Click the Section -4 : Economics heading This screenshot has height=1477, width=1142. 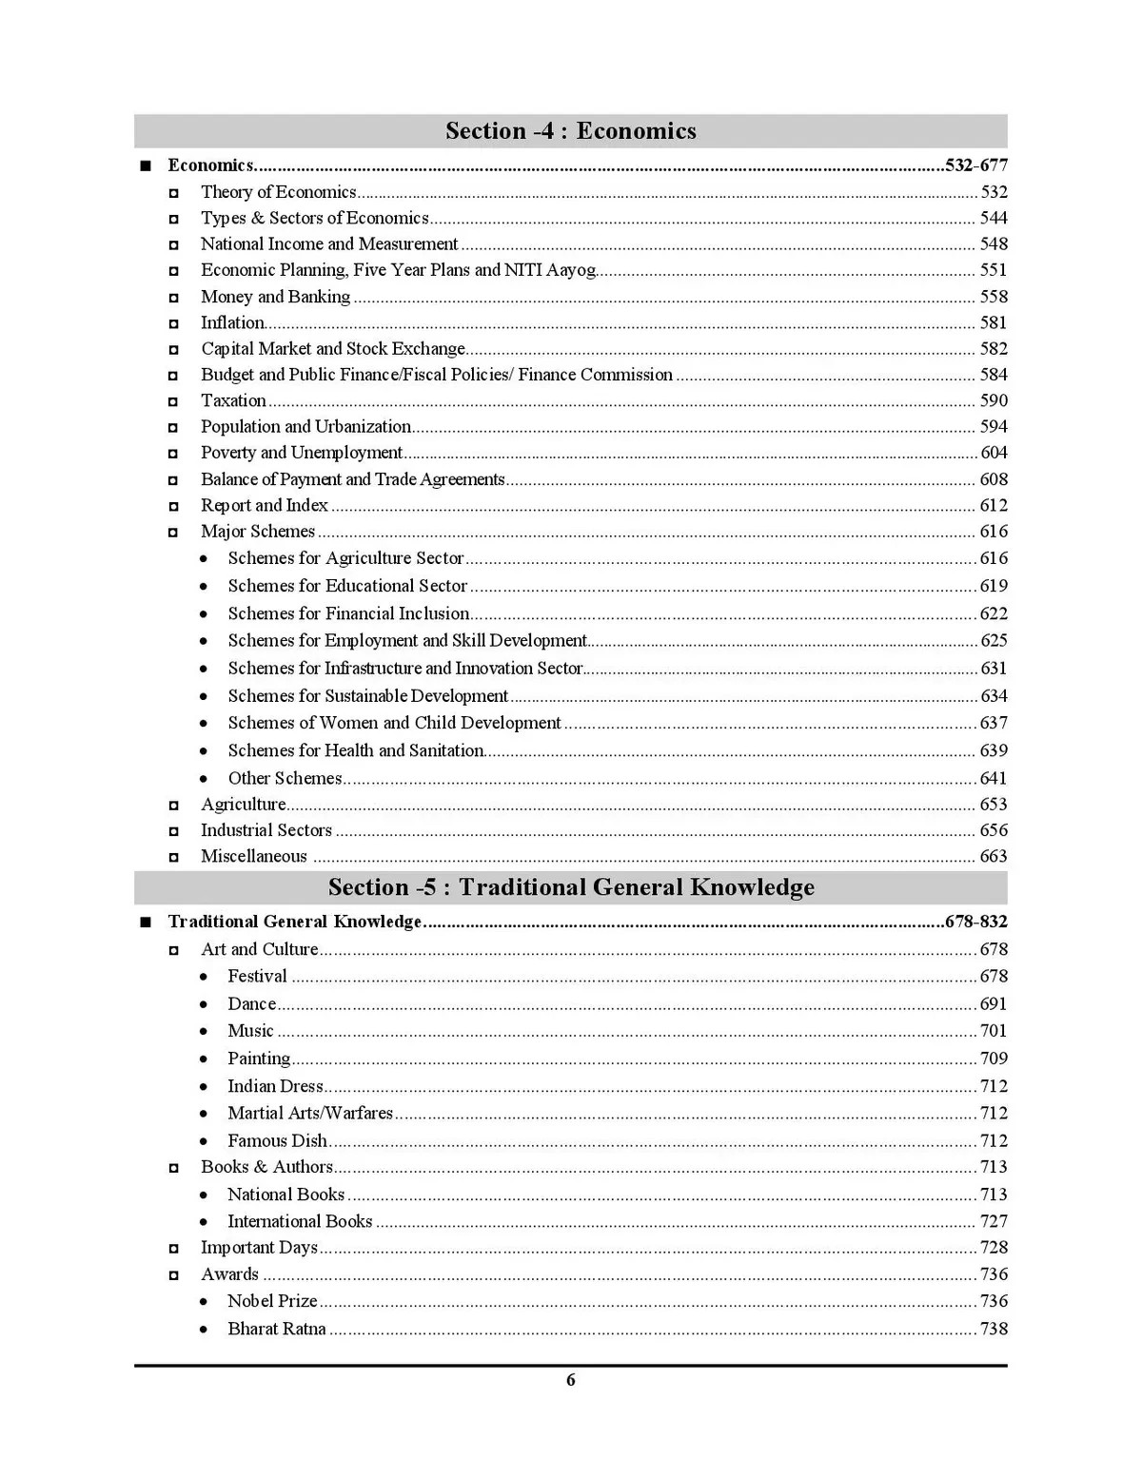click(570, 130)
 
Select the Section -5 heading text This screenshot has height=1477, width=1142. click(570, 887)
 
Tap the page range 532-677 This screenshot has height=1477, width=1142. click(976, 165)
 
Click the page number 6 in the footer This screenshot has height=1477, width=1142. click(570, 1380)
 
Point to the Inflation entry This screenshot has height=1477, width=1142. click(232, 323)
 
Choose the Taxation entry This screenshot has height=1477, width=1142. click(233, 401)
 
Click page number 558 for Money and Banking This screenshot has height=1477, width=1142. click(994, 297)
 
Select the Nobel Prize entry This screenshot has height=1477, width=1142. click(272, 1301)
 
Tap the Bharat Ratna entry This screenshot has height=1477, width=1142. click(276, 1329)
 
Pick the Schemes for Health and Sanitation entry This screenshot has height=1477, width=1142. click(355, 750)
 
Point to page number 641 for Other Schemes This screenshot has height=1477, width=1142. click(994, 778)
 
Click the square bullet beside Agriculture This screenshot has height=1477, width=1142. click(173, 806)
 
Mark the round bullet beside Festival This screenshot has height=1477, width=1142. click(204, 977)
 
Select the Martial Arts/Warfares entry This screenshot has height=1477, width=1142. click(310, 1113)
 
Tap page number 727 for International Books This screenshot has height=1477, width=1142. click(994, 1221)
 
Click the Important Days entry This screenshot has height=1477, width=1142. click(259, 1248)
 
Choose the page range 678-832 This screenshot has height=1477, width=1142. click(976, 922)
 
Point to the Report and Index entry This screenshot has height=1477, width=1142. click(264, 506)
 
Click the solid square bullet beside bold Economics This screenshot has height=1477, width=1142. click(145, 166)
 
